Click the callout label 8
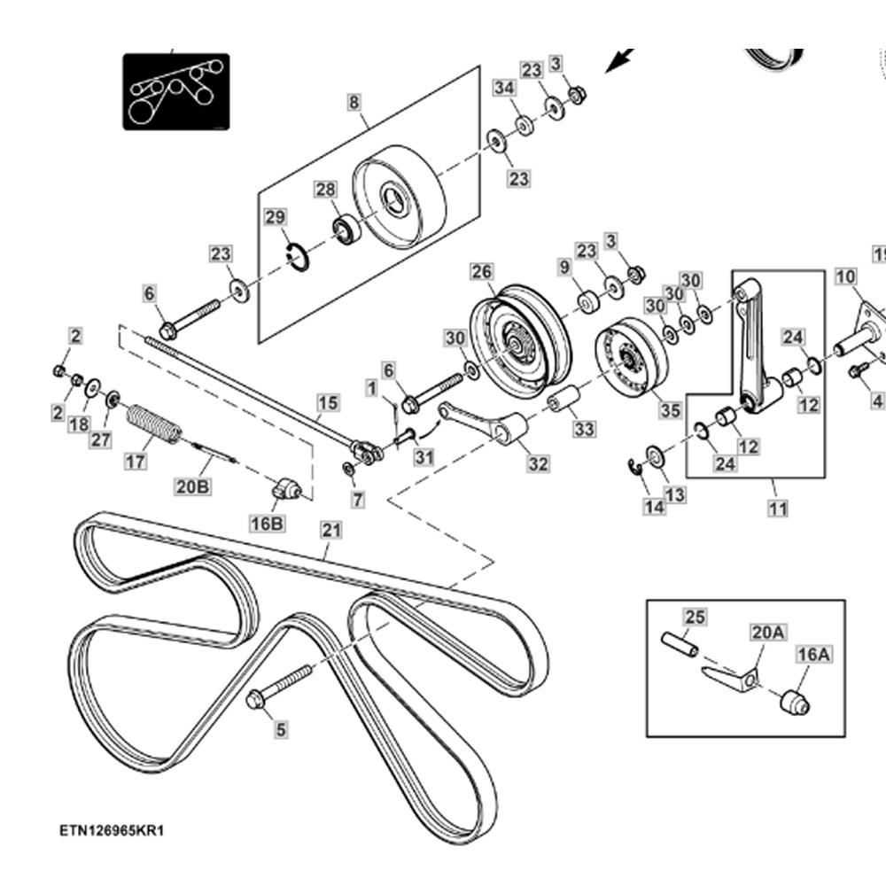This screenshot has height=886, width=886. click(x=354, y=102)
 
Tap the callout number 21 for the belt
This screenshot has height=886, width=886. click(x=330, y=530)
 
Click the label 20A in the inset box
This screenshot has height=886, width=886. click(x=768, y=632)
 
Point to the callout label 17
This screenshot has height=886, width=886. click(x=135, y=461)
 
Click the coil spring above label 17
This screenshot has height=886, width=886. click(x=154, y=423)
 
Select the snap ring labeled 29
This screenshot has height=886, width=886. click(x=299, y=257)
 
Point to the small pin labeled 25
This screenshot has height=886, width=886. click(x=681, y=642)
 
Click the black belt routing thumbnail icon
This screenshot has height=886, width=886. click(x=175, y=91)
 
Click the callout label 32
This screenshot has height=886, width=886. click(x=537, y=463)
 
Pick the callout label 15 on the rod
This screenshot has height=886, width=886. click(x=328, y=403)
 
